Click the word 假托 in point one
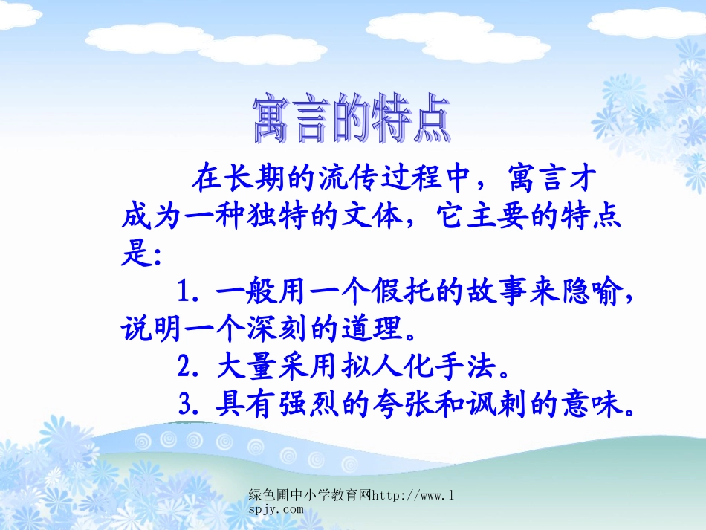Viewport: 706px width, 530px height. point(391,291)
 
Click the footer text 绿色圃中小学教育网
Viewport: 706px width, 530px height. point(309,495)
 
